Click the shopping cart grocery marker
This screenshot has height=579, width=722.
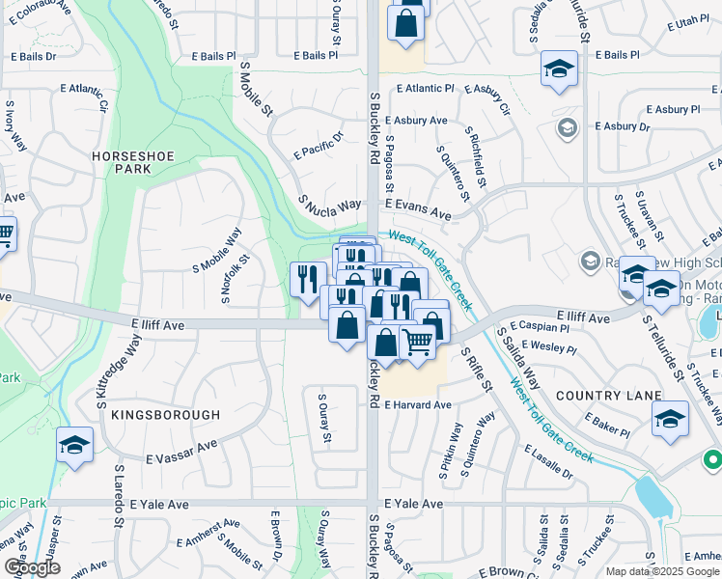[x=417, y=341]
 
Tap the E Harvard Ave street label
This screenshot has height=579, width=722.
[x=418, y=405]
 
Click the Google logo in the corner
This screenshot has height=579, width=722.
[x=31, y=567]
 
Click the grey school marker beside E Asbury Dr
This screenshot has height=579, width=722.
[x=567, y=127]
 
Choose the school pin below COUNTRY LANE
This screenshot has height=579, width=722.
[x=670, y=419]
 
